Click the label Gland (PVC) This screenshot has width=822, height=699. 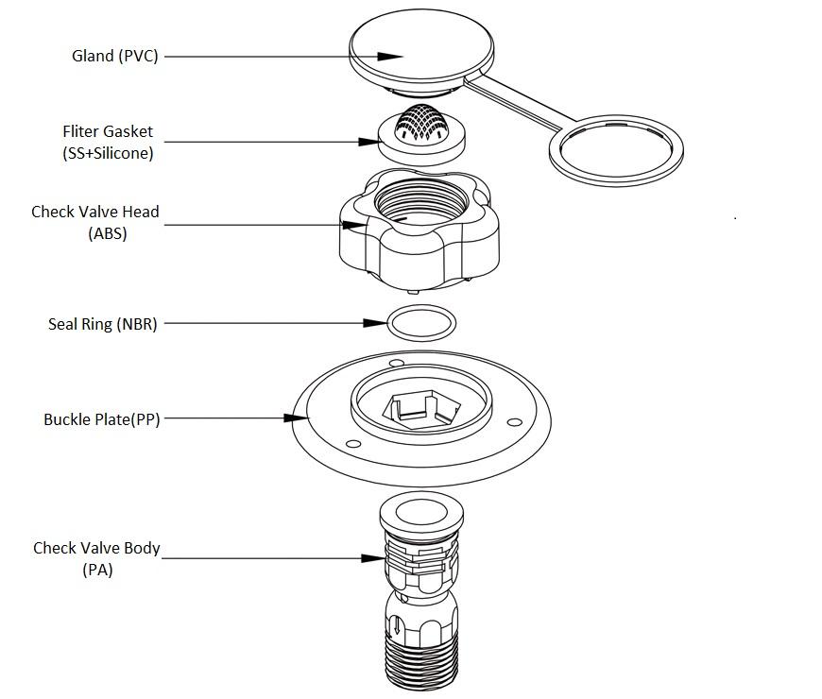coord(115,56)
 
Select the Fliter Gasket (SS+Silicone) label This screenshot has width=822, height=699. coord(108,142)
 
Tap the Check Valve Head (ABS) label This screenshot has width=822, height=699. coord(95,222)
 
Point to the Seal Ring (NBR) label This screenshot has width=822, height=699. coord(103,324)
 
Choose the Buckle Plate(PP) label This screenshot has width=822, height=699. coord(102,419)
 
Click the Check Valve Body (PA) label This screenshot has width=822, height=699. coord(96,558)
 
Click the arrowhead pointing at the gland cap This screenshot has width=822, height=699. coord(390,56)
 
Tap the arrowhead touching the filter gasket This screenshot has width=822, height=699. coord(368,142)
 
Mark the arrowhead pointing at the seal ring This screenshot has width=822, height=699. coord(375,323)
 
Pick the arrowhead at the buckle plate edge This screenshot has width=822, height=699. coord(296,418)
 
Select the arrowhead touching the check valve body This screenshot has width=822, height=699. coord(373,558)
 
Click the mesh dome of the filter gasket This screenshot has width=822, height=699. coord(421,124)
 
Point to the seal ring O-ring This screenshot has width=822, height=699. coord(421,323)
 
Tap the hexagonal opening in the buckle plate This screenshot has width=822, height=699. coord(422,409)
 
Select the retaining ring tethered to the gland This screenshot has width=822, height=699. coord(616,150)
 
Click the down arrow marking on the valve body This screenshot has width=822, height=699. coord(397,625)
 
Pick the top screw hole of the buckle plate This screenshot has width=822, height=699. coord(397,363)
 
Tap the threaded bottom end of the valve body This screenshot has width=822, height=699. coord(421,661)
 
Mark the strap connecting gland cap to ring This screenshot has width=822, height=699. coord(518,101)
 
